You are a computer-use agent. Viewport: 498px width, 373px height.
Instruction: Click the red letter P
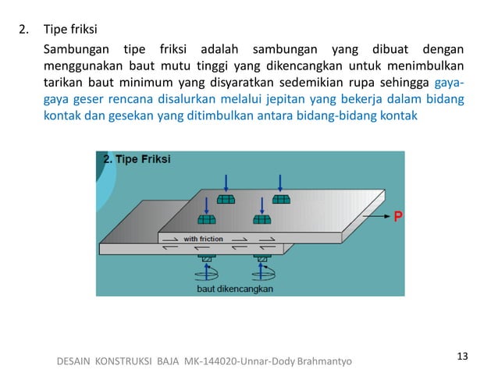(x=398, y=217)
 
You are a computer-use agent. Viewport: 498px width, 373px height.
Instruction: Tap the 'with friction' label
(x=203, y=238)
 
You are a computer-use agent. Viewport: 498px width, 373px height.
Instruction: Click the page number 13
(x=462, y=357)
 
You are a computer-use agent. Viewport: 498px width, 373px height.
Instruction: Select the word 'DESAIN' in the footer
(x=76, y=361)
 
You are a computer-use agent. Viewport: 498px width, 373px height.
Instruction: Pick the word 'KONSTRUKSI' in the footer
(x=127, y=361)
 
